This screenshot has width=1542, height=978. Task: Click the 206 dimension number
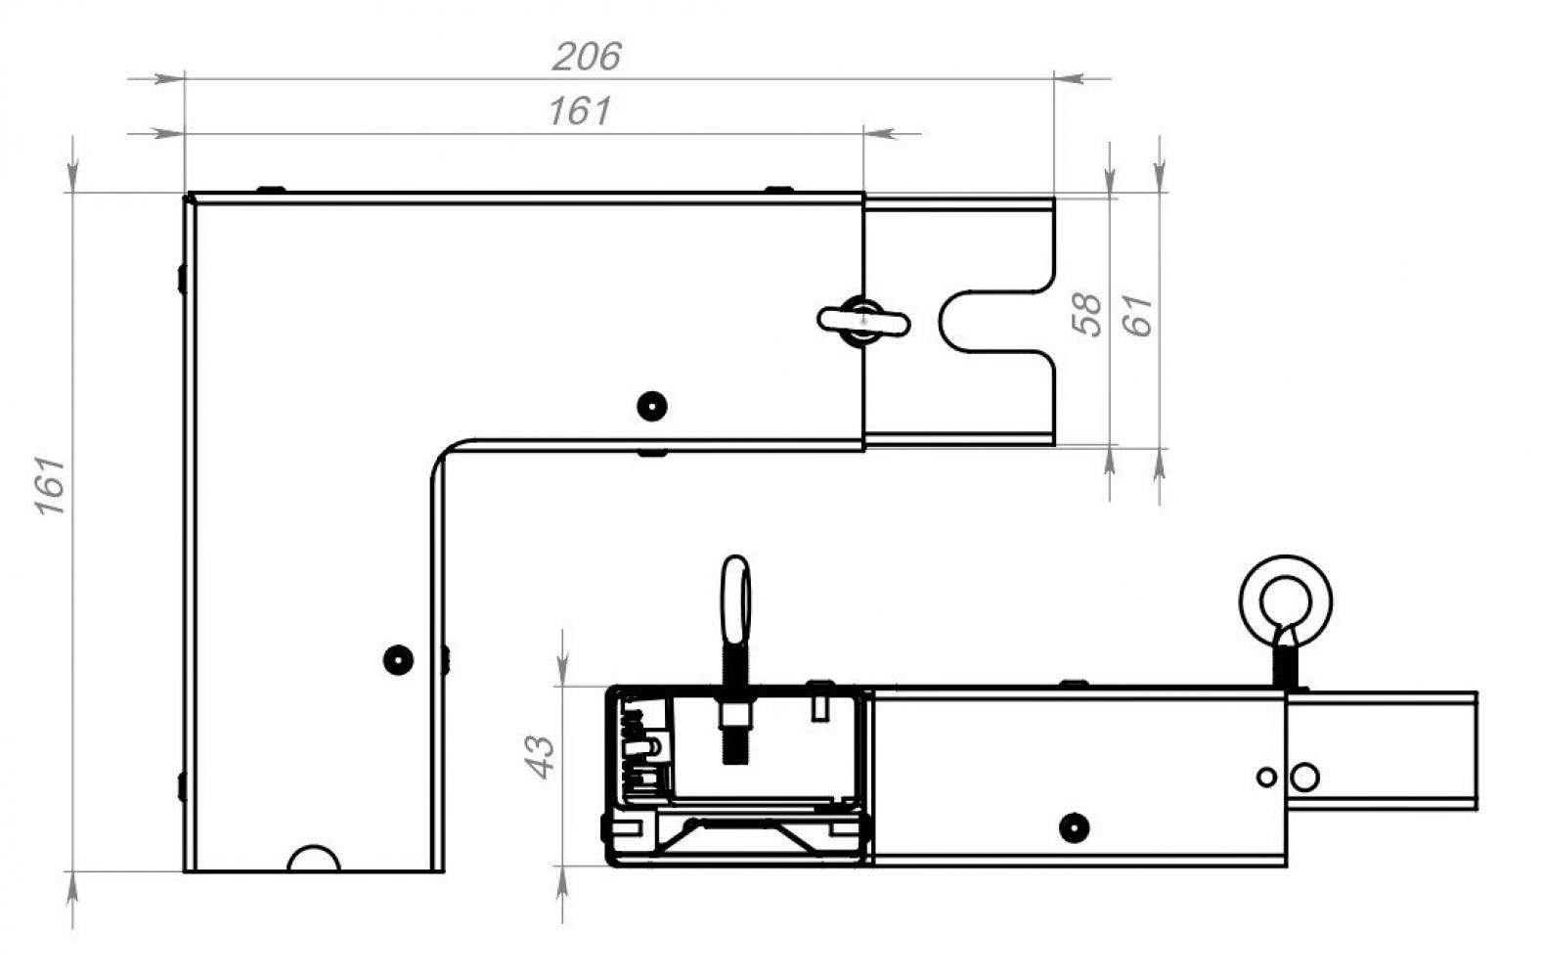pyautogui.click(x=587, y=57)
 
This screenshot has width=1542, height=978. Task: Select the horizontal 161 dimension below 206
pyautogui.click(x=580, y=111)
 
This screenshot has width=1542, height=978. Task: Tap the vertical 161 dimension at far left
pyautogui.click(x=51, y=484)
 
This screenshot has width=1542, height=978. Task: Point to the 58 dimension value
pyautogui.click(x=1087, y=314)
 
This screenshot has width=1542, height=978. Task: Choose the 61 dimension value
pyautogui.click(x=1138, y=316)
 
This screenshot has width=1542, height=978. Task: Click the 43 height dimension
pyautogui.click(x=541, y=757)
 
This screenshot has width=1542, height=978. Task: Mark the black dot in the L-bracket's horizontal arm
pyautogui.click(x=652, y=406)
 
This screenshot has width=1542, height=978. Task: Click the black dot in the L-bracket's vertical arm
pyautogui.click(x=398, y=660)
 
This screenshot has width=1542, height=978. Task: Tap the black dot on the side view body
pyautogui.click(x=1074, y=827)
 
